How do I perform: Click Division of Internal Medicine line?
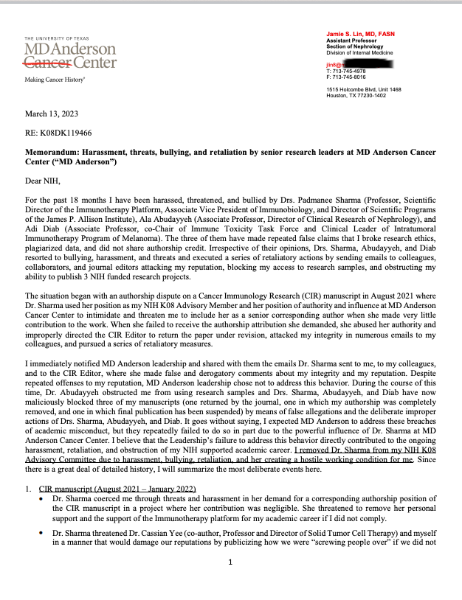pyautogui.click(x=359, y=52)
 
